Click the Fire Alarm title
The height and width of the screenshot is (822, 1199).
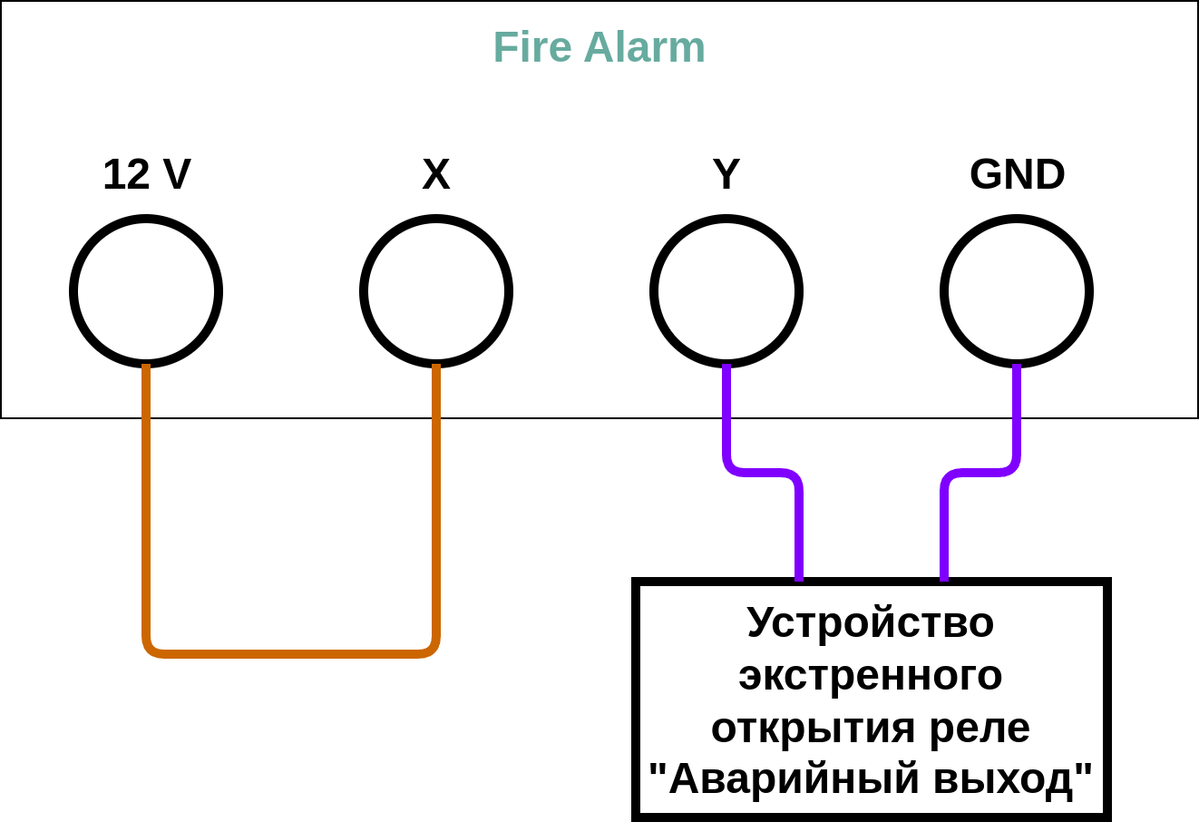point(599,47)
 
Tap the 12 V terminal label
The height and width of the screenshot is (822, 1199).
point(146,174)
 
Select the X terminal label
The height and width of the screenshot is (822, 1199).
point(435,174)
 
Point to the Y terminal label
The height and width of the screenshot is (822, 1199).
point(726,174)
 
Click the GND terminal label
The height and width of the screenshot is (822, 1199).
point(1017,174)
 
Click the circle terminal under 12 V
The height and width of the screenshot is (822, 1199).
point(146,291)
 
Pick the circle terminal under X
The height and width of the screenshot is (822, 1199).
point(436,291)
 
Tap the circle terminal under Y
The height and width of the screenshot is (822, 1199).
point(726,291)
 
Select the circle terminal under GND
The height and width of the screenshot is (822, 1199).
point(1017,291)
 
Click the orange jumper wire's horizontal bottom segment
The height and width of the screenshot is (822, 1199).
point(290,652)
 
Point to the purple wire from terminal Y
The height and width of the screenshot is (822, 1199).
point(762,473)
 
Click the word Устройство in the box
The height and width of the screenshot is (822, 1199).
point(871,622)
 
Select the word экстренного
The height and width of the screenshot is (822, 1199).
point(871,675)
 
